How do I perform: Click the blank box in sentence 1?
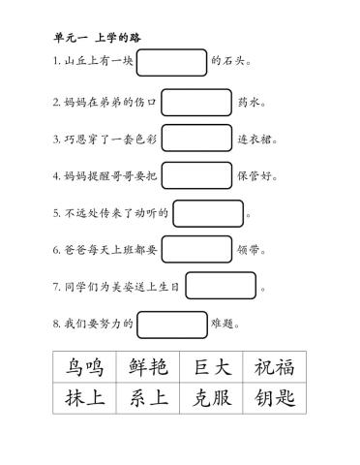tap(172, 63)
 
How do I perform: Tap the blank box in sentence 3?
tap(196, 138)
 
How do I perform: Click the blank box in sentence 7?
tap(221, 286)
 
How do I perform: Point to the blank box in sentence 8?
tap(172, 324)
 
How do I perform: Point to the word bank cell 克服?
tap(211, 399)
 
